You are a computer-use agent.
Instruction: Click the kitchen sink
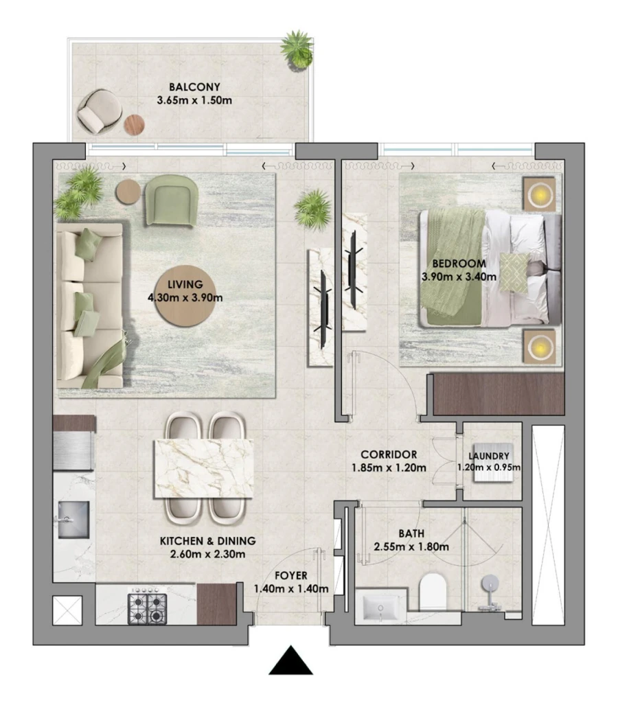click(x=73, y=519)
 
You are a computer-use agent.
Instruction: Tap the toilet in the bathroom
click(x=433, y=592)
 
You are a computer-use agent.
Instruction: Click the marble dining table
click(x=204, y=466)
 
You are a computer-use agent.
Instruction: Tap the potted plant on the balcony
click(x=298, y=48)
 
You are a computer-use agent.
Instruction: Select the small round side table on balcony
click(x=135, y=125)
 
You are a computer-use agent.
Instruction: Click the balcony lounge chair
click(x=98, y=111)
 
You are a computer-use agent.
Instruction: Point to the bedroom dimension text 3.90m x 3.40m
click(x=454, y=277)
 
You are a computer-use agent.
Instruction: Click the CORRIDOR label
click(x=389, y=454)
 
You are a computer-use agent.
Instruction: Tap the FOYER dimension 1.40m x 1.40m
click(x=290, y=588)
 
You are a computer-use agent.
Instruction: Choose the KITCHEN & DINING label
click(x=208, y=540)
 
